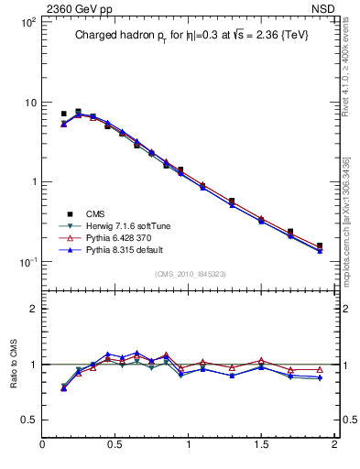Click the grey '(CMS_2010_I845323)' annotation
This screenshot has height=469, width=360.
(x=189, y=273)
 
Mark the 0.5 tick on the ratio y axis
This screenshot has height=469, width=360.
(x=28, y=420)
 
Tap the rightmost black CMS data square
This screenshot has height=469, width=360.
(x=320, y=245)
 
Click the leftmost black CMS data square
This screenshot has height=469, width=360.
(x=63, y=114)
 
